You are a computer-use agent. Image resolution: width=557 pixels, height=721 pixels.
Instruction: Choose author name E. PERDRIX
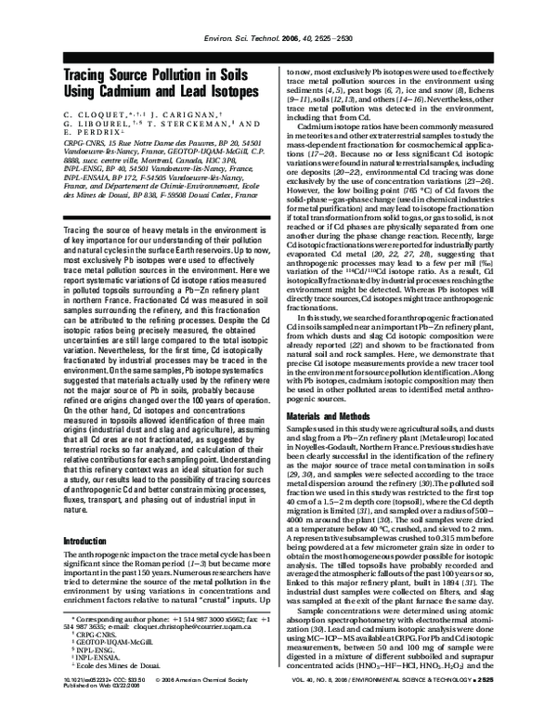pos(65,133)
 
